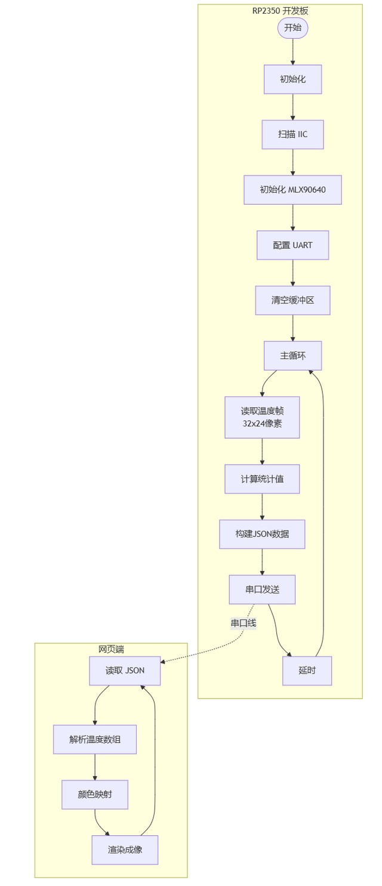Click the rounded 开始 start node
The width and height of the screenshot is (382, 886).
[x=292, y=27]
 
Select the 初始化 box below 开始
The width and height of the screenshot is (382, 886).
[x=292, y=79]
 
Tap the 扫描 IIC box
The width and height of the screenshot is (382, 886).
[x=292, y=134]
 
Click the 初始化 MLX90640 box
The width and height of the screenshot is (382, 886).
[x=292, y=190]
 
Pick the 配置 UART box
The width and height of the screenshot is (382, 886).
[x=292, y=245]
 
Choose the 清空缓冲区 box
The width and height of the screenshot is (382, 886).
[x=292, y=300]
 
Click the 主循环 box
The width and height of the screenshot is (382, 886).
[x=292, y=356]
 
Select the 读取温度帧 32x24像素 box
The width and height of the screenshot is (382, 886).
[x=262, y=417]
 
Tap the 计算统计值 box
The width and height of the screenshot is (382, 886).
[x=262, y=479]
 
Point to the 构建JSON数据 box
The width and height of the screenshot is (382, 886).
[x=262, y=534]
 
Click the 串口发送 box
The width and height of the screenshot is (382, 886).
[x=262, y=589]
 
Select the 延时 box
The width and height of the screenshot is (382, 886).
[x=307, y=671]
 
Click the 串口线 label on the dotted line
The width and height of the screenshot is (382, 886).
[x=244, y=623]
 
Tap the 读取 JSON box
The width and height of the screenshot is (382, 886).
[x=125, y=671]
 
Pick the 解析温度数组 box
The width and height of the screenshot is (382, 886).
[x=95, y=739]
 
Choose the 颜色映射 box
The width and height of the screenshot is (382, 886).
[x=95, y=794]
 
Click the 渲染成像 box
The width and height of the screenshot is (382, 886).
[x=125, y=850]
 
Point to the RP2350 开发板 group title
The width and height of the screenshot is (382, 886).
[x=281, y=11]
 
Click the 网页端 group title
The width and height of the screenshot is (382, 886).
[x=111, y=649]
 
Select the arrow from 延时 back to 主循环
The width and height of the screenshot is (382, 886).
[x=324, y=514]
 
